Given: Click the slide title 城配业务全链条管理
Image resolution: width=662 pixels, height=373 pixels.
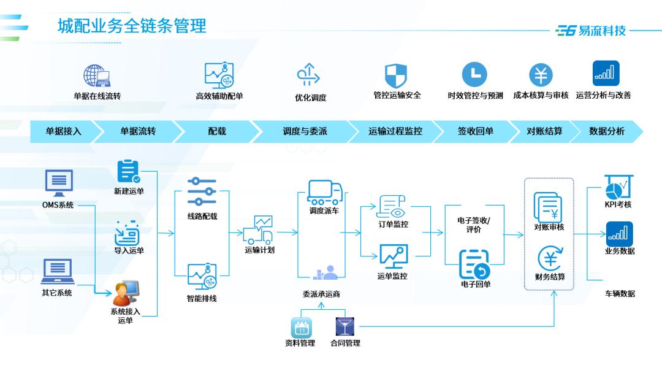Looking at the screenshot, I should (x=132, y=26).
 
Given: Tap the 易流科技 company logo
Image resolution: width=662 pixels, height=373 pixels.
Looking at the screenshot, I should (x=591, y=30).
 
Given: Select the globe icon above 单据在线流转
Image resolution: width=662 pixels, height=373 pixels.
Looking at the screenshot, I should (x=97, y=75).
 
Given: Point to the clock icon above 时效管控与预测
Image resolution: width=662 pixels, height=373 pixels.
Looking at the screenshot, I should (x=474, y=75).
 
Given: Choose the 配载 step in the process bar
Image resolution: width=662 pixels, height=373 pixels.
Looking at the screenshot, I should (x=217, y=131).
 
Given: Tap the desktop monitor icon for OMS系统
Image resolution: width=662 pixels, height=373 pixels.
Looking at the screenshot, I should (x=59, y=183).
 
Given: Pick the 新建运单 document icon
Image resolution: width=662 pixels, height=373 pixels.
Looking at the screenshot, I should (x=129, y=172).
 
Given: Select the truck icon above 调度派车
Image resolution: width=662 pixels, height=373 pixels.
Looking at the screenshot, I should (x=324, y=192).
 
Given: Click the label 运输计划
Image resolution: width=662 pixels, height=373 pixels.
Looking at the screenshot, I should (x=259, y=250).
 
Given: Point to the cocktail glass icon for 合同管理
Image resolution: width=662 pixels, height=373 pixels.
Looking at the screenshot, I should (x=344, y=326).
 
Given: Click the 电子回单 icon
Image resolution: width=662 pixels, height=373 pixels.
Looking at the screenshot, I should (x=475, y=264).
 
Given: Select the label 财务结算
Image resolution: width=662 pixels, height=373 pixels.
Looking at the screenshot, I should (x=549, y=277).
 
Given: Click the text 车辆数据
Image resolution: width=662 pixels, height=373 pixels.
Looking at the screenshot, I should (x=619, y=293).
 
